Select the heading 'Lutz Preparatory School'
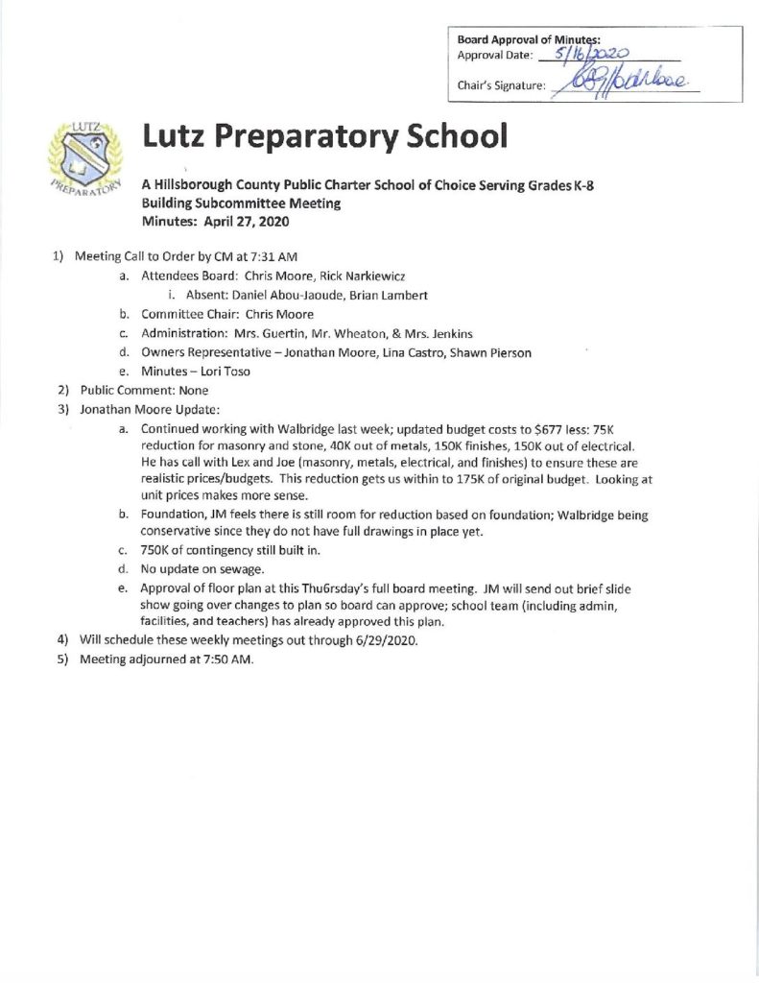pos(323,137)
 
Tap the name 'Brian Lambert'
pos(396,295)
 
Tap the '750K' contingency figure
pos(157,551)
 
